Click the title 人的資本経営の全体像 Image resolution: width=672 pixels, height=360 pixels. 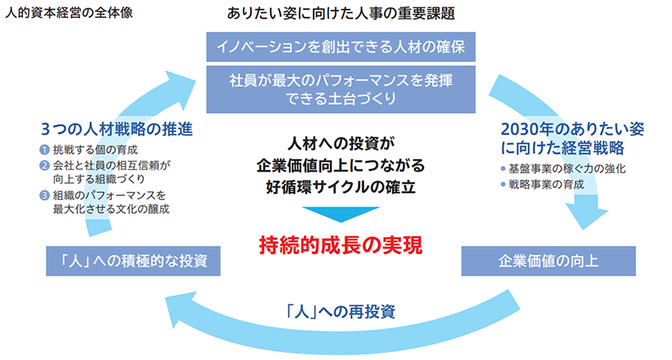point(69,13)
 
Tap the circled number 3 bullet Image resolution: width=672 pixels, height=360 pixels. point(46,195)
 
